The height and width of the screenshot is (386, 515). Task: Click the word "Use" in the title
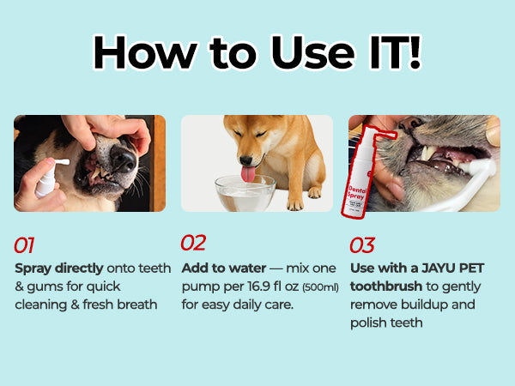313,52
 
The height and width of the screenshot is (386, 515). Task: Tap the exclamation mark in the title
415,51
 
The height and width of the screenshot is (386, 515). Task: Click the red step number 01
24,245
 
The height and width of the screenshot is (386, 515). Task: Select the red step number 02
193,243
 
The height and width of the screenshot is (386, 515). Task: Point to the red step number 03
362,245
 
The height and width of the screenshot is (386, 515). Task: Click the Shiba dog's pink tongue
248,174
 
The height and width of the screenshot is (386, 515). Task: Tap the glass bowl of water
245,193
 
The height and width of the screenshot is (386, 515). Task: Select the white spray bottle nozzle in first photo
62,162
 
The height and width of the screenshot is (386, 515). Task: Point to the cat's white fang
428,153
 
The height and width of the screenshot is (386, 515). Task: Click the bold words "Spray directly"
59,268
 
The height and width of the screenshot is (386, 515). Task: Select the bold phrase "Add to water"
224,268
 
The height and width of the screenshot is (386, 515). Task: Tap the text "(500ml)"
320,287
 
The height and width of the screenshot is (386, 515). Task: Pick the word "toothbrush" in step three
386,286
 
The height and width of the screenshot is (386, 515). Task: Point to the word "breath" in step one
136,305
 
